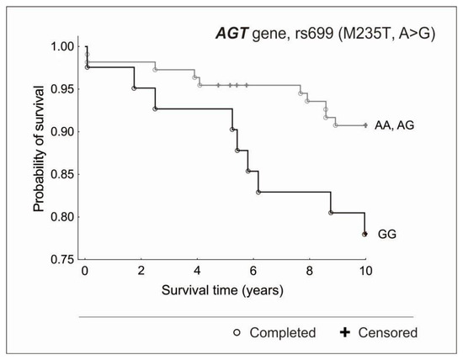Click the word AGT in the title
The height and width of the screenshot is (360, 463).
coord(231,34)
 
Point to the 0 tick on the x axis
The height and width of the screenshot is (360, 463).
coord(85,273)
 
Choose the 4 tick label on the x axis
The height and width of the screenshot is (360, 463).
coord(197,273)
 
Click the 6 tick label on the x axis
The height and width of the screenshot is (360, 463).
coord(253,273)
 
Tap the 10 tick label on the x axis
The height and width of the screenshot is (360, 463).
coord(365,273)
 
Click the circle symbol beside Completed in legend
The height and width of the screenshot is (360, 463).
coord(238,332)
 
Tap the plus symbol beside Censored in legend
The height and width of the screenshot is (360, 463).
coord(344,332)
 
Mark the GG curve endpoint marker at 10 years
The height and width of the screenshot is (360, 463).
coord(365,234)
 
